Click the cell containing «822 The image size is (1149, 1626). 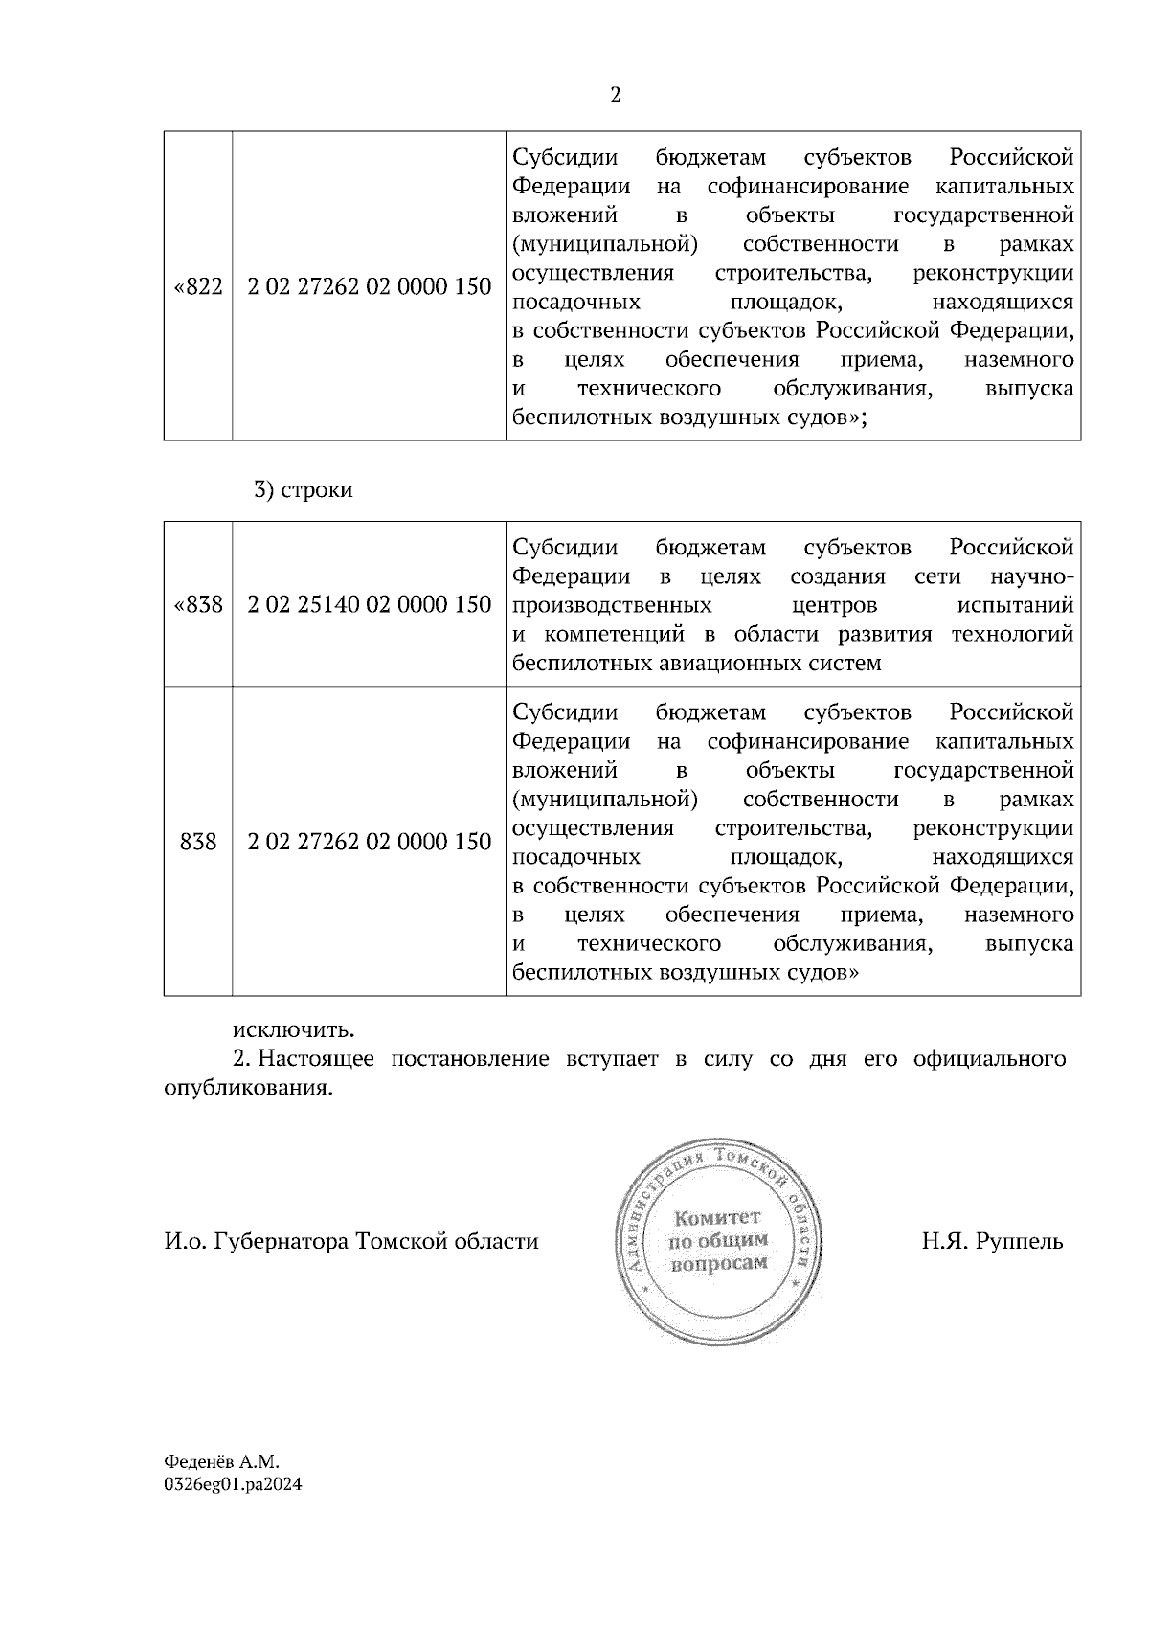(198, 286)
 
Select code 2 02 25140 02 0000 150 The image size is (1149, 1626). (369, 605)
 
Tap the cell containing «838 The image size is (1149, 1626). (198, 605)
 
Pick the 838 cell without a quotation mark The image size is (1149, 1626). (198, 842)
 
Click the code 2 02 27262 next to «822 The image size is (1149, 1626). (369, 286)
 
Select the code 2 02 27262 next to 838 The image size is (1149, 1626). (369, 842)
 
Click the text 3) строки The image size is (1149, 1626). (304, 490)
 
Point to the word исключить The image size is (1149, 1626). (293, 1030)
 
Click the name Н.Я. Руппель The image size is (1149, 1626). (992, 1242)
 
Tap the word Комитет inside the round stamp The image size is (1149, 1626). (718, 1218)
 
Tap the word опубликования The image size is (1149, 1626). (248, 1089)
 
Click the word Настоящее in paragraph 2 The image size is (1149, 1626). (316, 1059)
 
